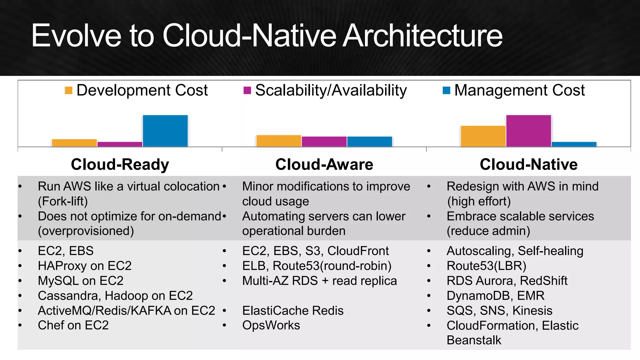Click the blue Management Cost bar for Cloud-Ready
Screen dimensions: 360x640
(165, 131)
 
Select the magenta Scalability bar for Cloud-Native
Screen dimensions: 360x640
(528, 131)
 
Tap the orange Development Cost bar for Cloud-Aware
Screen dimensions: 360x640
(278, 141)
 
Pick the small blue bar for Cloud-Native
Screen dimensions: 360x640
(574, 144)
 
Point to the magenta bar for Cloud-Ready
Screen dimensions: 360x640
(120, 144)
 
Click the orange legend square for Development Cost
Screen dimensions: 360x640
(68, 90)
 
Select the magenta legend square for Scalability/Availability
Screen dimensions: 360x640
(247, 90)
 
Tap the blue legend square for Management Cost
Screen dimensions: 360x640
(447, 90)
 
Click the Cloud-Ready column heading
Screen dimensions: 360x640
(120, 164)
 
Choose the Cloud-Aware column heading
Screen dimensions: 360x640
(324, 164)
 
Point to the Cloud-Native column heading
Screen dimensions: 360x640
(528, 164)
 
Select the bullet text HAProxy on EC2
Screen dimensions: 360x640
(85, 266)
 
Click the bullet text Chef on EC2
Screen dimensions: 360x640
(73, 325)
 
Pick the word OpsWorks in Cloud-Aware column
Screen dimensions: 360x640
(271, 325)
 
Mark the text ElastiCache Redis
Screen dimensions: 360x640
(293, 311)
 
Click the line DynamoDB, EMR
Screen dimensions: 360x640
(495, 296)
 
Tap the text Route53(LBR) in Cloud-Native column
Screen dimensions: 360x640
(486, 266)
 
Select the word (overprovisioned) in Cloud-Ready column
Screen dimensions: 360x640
(86, 231)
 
